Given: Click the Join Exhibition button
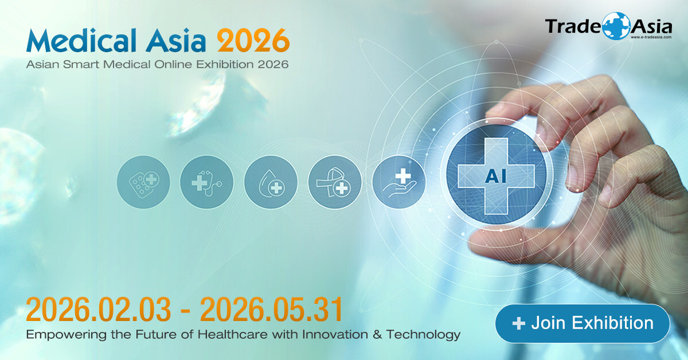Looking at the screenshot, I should (x=582, y=323).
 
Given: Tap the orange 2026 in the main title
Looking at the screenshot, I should (x=253, y=40).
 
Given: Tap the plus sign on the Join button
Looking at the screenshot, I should (x=519, y=324).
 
